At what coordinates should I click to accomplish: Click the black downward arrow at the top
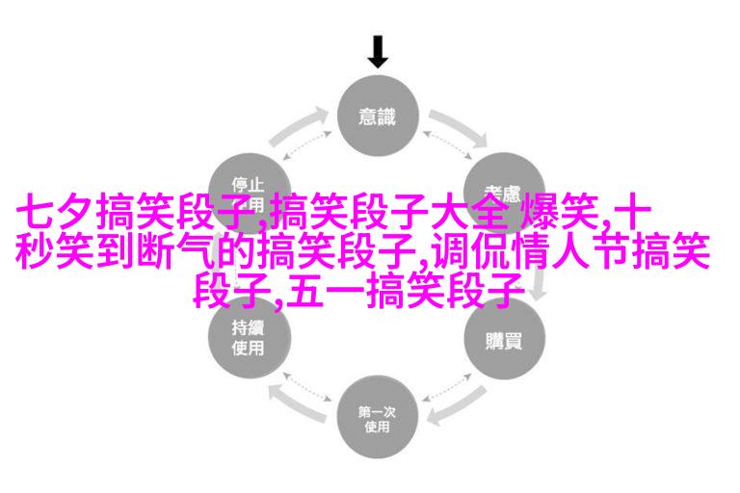[378, 50]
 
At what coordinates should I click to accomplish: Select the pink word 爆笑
[560, 214]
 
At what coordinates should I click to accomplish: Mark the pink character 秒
[31, 252]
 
